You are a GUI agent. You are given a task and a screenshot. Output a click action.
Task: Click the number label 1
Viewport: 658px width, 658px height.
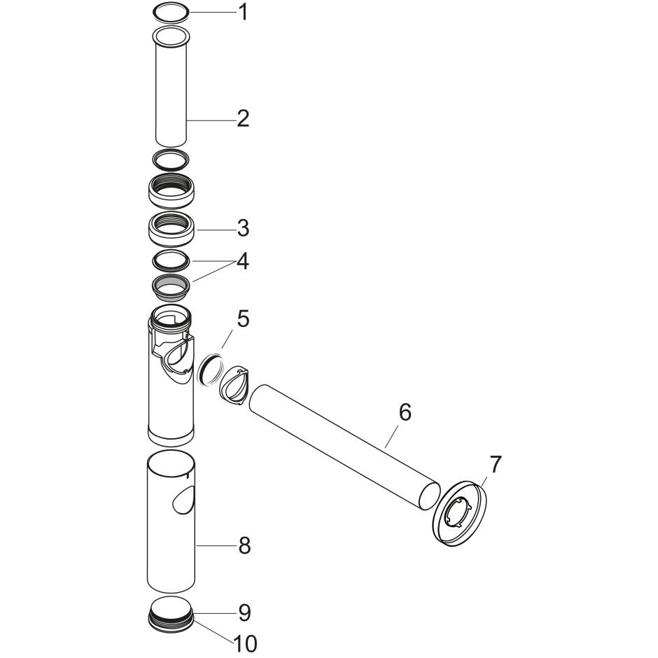point(243,12)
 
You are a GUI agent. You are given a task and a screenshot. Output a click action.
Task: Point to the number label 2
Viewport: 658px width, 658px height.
point(243,118)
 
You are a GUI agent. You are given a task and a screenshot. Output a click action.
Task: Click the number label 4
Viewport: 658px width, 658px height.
point(243,262)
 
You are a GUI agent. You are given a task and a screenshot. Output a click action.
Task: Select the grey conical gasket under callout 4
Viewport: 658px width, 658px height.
point(171,285)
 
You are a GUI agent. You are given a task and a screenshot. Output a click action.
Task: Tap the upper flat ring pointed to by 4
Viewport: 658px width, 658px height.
point(171,260)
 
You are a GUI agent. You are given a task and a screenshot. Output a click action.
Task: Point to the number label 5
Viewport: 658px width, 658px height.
point(243,318)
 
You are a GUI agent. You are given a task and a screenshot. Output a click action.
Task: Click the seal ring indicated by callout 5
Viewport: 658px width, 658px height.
point(210,369)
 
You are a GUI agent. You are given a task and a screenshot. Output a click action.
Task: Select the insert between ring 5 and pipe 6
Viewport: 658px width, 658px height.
point(234,386)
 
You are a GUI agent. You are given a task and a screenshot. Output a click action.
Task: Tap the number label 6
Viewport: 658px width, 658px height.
point(405,413)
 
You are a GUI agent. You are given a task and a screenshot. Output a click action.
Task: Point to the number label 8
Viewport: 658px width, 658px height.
point(244,545)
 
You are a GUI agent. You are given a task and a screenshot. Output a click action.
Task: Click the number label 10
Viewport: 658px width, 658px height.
point(246,643)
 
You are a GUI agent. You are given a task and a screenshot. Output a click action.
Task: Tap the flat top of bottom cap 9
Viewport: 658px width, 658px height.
point(171,606)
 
